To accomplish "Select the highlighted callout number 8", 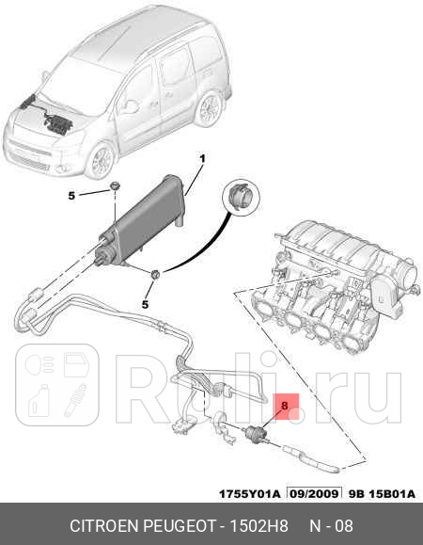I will point(284,406).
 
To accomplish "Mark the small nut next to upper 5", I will point(113,187).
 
